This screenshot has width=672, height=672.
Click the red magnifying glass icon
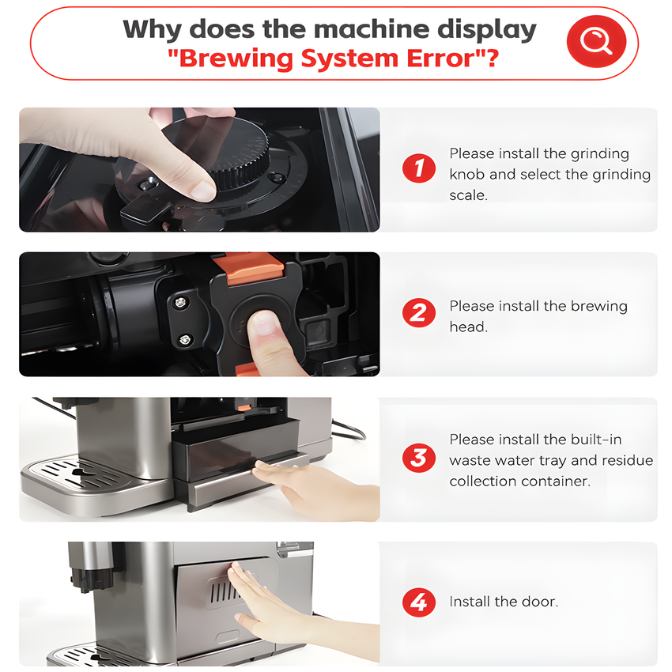point(596,42)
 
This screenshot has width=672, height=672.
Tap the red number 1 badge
point(419,168)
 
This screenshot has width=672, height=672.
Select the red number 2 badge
point(419,312)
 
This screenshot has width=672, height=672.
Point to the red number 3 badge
point(419,457)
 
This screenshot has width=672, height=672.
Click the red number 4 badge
point(419,602)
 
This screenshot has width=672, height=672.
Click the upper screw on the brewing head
point(180,303)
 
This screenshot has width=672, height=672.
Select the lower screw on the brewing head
point(184,340)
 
